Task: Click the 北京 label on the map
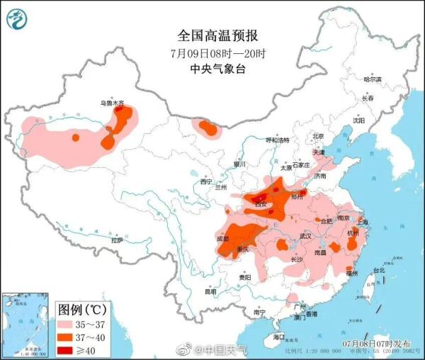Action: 318,136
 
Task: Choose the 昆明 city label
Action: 210,291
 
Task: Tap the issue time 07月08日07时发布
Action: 376,343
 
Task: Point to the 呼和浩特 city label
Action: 278,141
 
